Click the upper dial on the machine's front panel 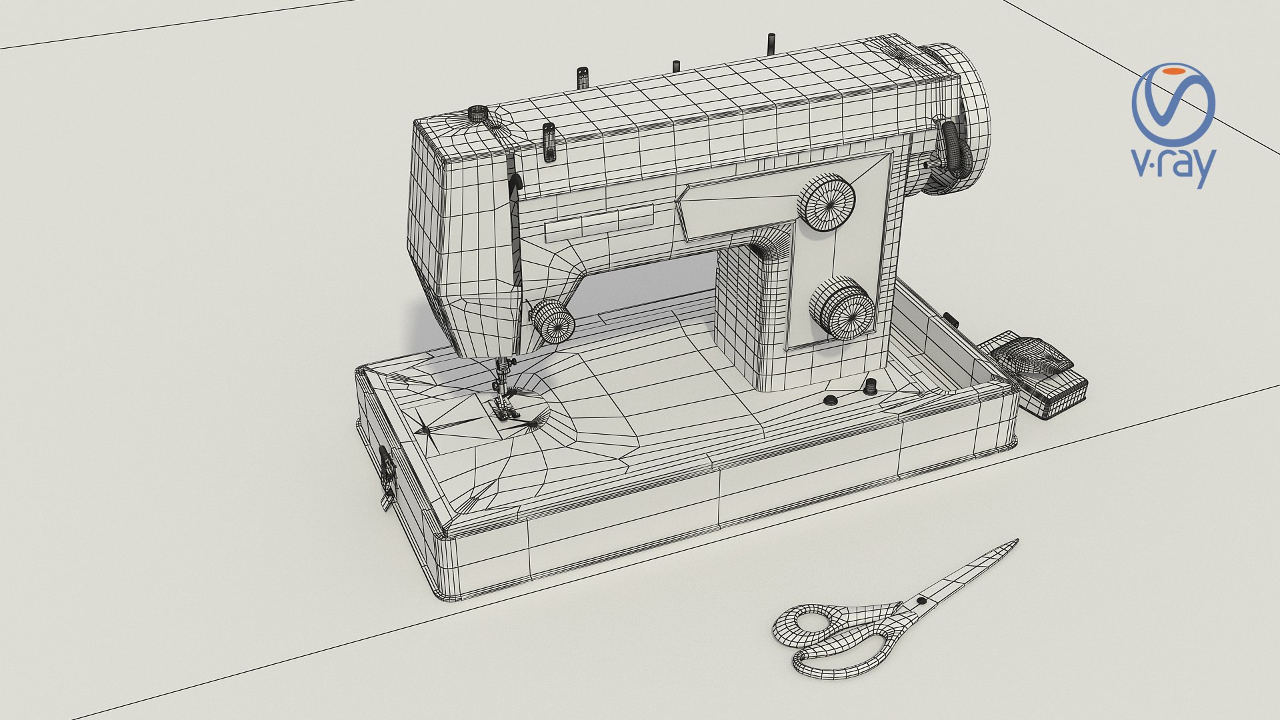pos(827,203)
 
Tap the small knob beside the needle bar pos(553,322)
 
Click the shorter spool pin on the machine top pos(675,66)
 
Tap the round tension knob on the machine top pos(479,114)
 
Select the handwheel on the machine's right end pos(960,120)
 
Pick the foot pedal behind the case pos(1037,373)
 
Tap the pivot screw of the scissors pos(921,601)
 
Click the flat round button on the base pos(830,400)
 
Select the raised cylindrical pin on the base pos(869,386)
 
